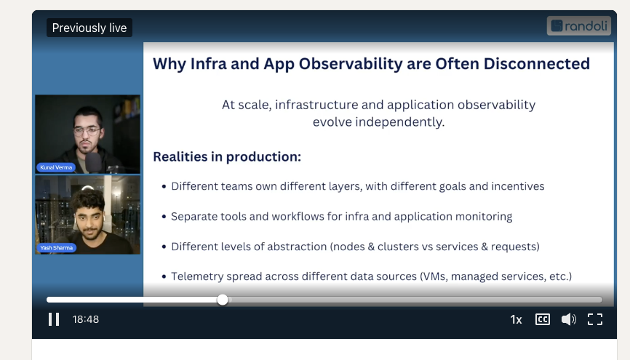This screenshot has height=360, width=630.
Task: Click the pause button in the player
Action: pos(54,319)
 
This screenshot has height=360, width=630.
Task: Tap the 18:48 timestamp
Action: pos(86,319)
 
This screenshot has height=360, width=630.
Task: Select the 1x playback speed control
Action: pos(516,319)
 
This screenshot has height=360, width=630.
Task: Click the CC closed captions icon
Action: pos(543,319)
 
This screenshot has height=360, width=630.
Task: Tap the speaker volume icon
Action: pos(568,319)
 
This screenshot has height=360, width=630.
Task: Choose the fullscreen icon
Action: pos(595,319)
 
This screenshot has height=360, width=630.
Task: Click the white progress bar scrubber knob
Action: pos(223,300)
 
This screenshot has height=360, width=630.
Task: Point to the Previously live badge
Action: pos(89,28)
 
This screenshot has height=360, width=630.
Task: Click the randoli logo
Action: pos(578,26)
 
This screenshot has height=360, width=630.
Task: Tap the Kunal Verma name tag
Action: pos(56,167)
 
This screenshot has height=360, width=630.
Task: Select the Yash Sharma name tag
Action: pos(56,248)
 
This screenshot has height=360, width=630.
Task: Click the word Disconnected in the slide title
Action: pos(536,64)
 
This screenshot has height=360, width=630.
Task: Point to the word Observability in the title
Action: pos(351,64)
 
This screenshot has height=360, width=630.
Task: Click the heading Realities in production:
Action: pos(227,156)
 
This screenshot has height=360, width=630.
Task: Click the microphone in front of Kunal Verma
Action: pos(94,162)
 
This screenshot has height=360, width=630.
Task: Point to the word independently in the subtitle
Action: pos(378,122)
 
